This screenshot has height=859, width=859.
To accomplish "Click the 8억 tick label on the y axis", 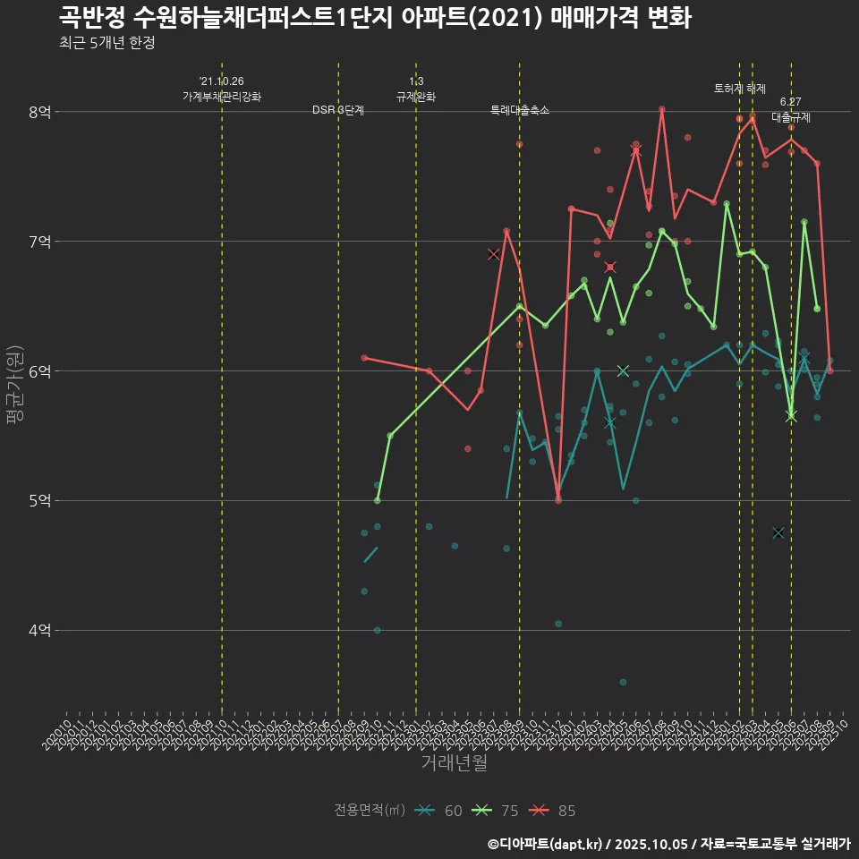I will tap(39, 112).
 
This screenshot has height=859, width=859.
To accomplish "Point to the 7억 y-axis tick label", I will tap(39, 242).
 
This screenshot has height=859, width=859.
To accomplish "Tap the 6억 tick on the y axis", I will tap(39, 371).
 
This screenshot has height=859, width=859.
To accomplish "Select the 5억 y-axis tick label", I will tap(39, 501).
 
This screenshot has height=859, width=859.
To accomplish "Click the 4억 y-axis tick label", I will tap(39, 631).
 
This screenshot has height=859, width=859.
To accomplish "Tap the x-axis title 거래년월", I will tap(455, 763).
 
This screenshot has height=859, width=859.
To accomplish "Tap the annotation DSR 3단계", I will tap(338, 111).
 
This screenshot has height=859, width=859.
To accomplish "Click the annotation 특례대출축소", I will tap(520, 111).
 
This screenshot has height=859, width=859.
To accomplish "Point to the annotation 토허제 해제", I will tap(740, 89).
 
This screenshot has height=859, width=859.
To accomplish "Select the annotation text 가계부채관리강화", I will tap(222, 96).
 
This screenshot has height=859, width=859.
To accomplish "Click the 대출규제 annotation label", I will tap(791, 117).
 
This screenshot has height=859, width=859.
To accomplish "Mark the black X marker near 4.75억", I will tap(778, 532).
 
